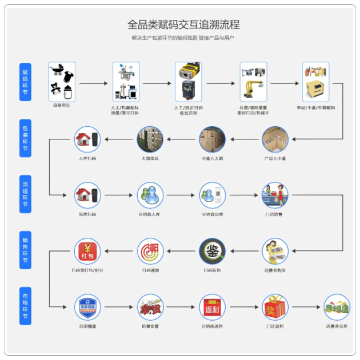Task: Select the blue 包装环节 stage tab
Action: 25,138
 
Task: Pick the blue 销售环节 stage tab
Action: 25,250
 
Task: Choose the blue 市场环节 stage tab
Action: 25,305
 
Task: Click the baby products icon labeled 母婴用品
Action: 62,81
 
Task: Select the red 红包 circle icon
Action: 87,251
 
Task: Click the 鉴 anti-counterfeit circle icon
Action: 212,251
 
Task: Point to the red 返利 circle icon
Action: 212,307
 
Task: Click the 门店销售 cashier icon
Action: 275,195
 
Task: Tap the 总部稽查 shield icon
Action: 87,307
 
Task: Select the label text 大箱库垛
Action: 150,159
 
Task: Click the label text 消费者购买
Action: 275,270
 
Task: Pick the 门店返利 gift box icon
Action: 275,307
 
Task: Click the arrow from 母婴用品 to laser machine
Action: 92,84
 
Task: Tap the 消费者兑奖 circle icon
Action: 337,307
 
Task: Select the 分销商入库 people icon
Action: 150,195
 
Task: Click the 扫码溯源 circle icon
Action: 150,251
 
